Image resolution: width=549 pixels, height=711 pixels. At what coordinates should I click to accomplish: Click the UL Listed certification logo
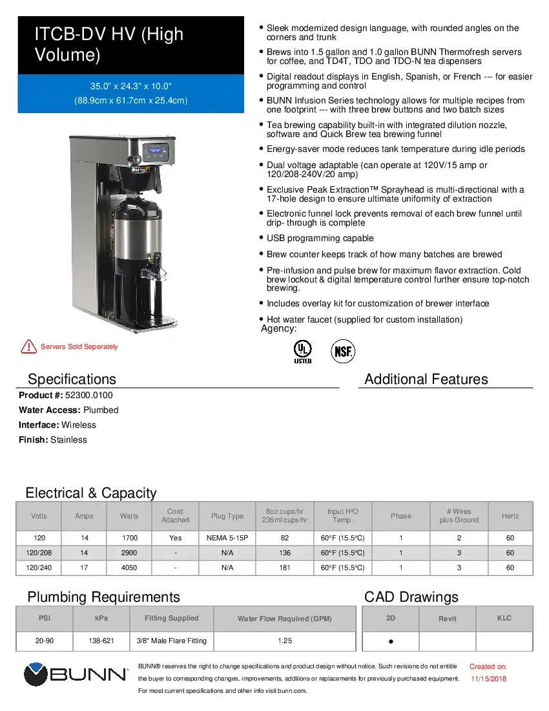pyautogui.click(x=302, y=351)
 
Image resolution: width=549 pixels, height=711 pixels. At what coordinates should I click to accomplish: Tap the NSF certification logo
pyautogui.click(x=343, y=352)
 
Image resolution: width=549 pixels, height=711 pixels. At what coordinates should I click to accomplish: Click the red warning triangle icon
pyautogui.click(x=28, y=346)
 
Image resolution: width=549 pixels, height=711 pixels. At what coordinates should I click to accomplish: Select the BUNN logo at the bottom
pyautogui.click(x=76, y=674)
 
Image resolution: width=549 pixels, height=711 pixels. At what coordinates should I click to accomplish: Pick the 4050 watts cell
pyautogui.click(x=129, y=568)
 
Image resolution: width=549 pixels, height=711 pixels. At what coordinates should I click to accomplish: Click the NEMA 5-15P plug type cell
pyautogui.click(x=227, y=538)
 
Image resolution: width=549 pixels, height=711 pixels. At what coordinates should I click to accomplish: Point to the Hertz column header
pyautogui.click(x=510, y=516)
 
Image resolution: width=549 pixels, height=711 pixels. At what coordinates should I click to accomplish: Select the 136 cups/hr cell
pyautogui.click(x=285, y=553)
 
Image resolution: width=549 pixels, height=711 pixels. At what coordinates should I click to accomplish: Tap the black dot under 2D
pyautogui.click(x=391, y=642)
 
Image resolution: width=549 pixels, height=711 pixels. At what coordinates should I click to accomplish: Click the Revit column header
pyautogui.click(x=447, y=619)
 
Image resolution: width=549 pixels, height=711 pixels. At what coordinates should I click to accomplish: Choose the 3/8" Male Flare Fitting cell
pyautogui.click(x=172, y=641)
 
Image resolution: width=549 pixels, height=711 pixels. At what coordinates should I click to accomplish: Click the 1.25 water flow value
pyautogui.click(x=285, y=641)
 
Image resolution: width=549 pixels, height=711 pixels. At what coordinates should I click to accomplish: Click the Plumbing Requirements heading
pyautogui.click(x=103, y=597)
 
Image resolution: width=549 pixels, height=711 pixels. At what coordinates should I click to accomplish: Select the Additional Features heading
pyautogui.click(x=426, y=379)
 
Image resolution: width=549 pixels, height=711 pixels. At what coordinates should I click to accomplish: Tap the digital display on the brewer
pyautogui.click(x=156, y=150)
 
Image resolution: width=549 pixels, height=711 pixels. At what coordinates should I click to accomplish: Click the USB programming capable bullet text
pyautogui.click(x=320, y=239)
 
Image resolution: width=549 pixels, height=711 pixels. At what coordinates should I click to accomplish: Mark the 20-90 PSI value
pyautogui.click(x=45, y=641)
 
